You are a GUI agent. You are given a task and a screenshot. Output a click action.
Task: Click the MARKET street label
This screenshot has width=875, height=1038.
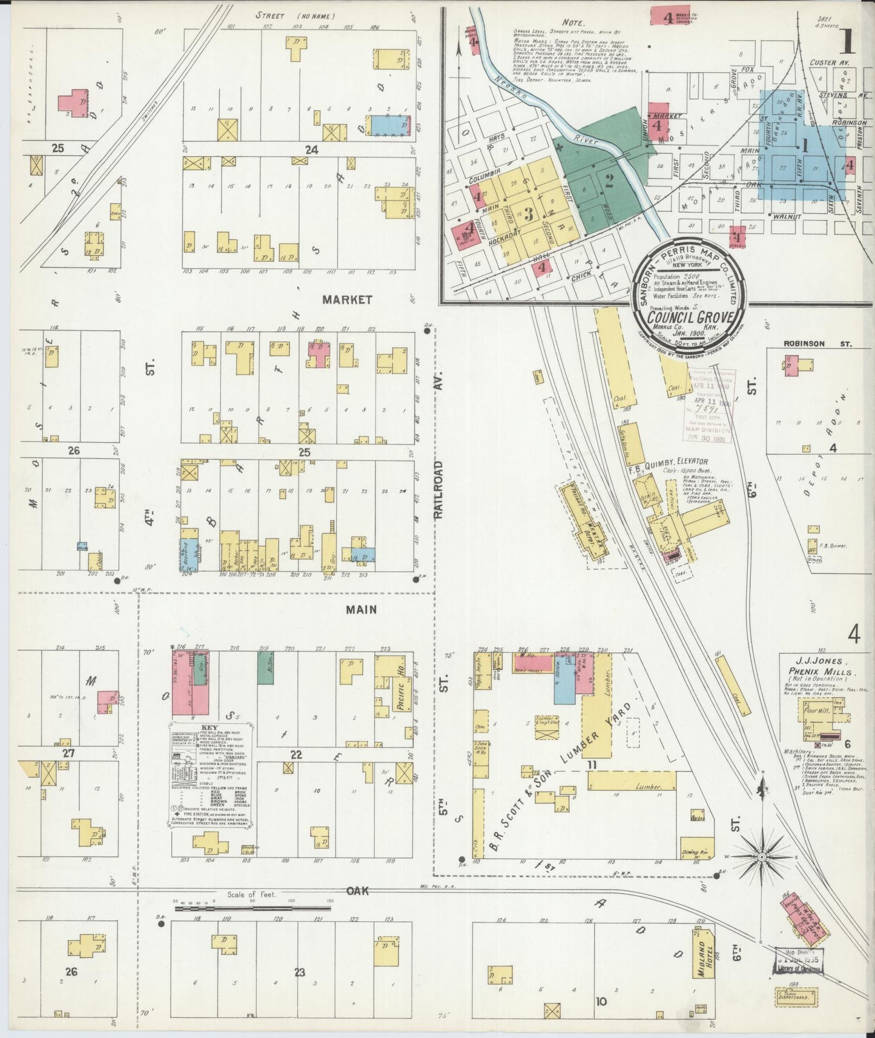[x=347, y=300]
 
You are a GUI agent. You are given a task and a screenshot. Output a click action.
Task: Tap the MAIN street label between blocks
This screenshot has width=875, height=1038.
[x=361, y=610]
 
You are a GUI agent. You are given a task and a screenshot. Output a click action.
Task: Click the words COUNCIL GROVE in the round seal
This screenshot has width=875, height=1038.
[x=691, y=317]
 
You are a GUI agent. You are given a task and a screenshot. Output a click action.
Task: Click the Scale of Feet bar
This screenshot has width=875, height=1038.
[x=252, y=908]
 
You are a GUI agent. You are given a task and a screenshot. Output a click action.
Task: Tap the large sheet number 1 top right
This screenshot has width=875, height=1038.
[x=845, y=41]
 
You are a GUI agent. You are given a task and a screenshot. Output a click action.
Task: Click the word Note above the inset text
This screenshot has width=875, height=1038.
[x=572, y=22]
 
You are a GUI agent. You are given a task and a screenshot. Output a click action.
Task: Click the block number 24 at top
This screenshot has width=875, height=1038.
[x=311, y=150]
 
